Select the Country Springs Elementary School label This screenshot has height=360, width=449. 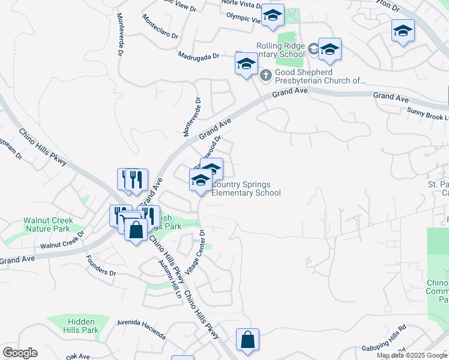(x=246, y=188)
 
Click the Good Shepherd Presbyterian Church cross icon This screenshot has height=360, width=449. (x=265, y=76)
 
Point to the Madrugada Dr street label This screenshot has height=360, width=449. (x=199, y=56)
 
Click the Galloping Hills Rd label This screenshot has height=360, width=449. (x=384, y=347)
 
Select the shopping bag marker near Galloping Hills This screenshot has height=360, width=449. (x=247, y=340)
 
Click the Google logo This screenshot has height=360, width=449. (x=20, y=353)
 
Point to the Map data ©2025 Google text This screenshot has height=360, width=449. (x=412, y=355)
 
